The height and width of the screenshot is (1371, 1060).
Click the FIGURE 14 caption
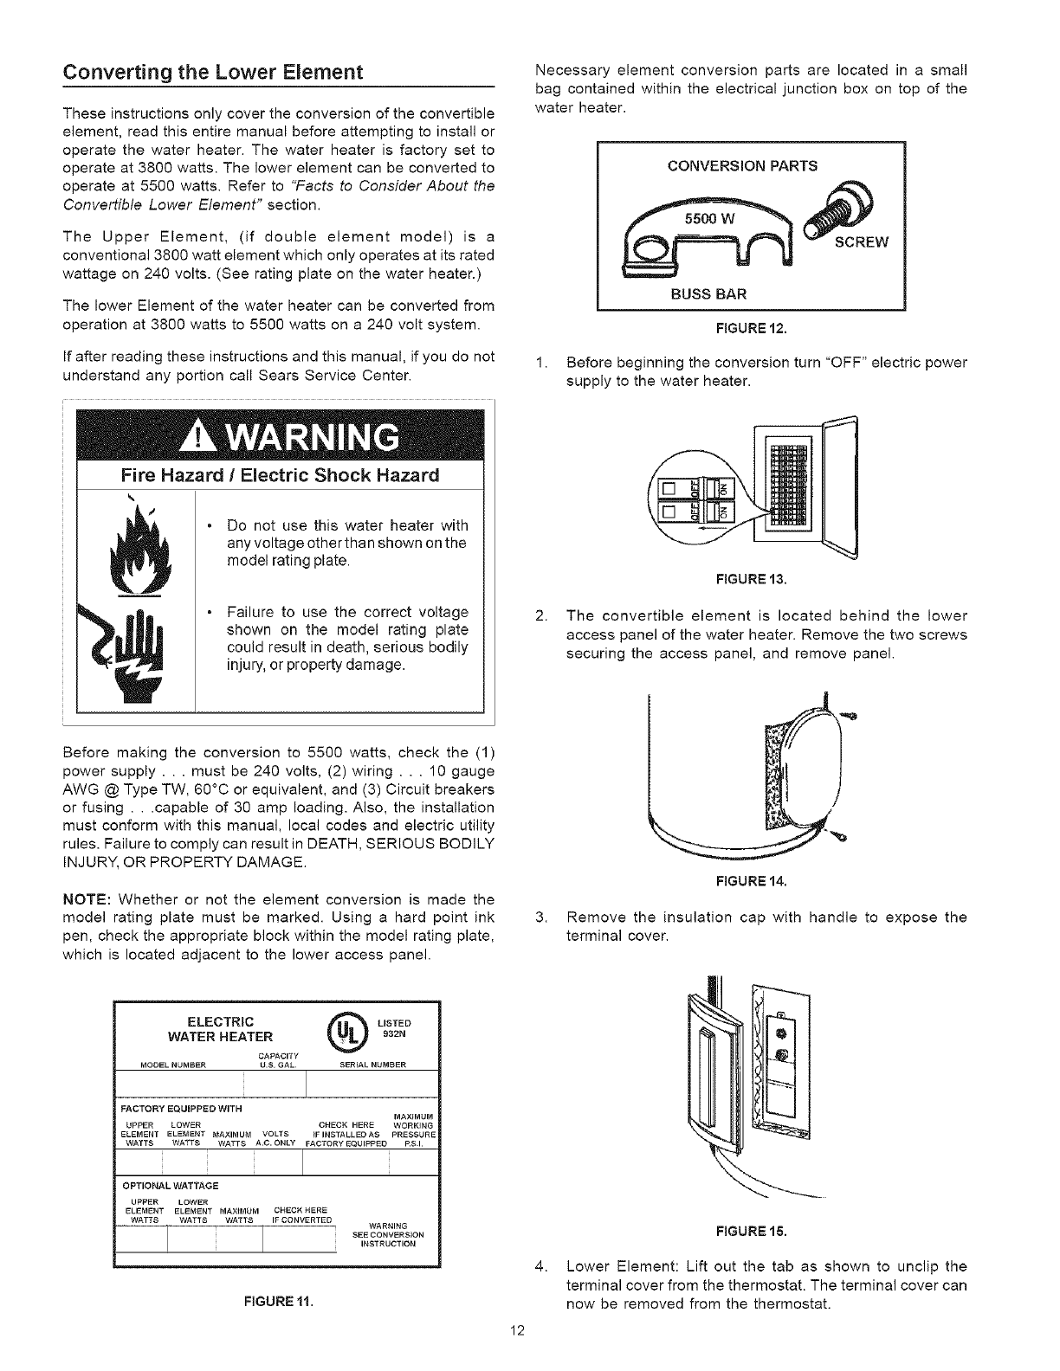pyautogui.click(x=751, y=883)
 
